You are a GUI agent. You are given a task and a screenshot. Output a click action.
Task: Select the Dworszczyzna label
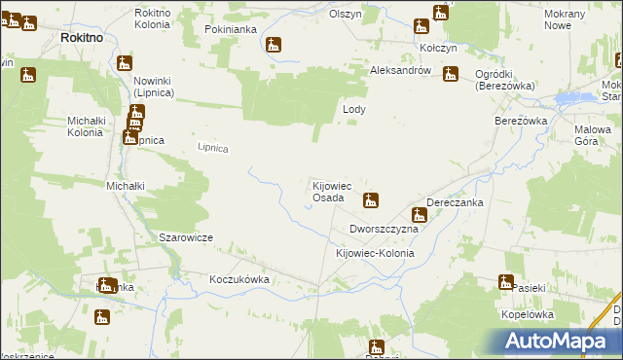point(384,230)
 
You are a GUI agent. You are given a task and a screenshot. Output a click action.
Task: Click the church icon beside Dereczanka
point(420,214)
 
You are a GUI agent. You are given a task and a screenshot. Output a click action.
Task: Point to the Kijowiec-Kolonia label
point(374,253)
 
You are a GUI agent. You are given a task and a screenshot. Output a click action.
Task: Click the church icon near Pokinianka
point(275,46)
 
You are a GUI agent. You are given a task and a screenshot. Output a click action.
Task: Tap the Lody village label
point(354,110)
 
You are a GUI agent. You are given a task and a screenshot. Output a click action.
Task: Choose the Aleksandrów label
point(400,72)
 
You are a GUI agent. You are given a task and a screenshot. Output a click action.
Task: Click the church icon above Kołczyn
point(441,14)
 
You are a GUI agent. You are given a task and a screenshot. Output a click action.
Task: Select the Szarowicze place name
point(186,237)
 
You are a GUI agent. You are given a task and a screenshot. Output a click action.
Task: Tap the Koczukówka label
point(238,279)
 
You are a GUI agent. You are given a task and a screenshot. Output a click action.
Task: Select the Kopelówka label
point(527,315)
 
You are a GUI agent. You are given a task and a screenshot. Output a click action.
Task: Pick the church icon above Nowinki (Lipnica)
point(124,64)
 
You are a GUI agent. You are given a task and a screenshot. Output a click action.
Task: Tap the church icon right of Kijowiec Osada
point(370,201)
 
